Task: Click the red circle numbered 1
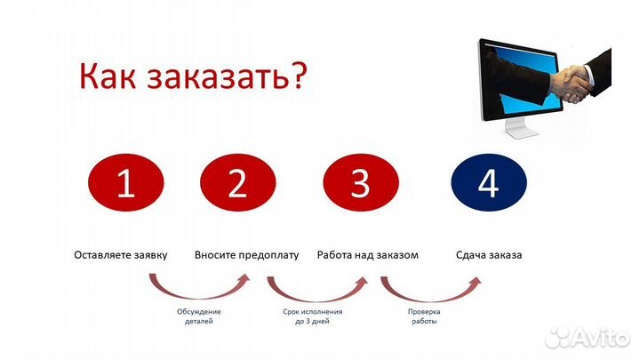(125, 184)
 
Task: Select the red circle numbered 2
(236, 184)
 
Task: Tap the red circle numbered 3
(359, 184)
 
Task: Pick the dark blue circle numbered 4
(487, 184)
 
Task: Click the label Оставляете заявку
(121, 255)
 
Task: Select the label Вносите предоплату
(247, 255)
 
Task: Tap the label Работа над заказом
(368, 255)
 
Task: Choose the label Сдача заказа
(489, 255)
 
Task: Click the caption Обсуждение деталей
(198, 316)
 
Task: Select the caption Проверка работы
(424, 316)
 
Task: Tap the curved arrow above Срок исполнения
(316, 288)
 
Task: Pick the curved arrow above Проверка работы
(430, 288)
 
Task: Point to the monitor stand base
(524, 134)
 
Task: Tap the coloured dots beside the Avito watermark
(557, 336)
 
